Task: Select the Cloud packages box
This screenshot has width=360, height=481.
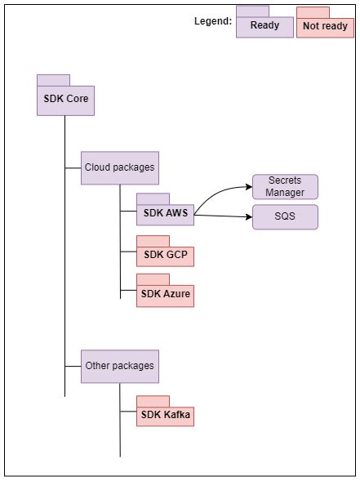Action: [x=119, y=167]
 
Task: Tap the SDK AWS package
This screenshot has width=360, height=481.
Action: [x=165, y=214]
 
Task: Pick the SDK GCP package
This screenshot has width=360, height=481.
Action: [x=165, y=255]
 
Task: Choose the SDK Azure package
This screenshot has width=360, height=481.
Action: [x=165, y=294]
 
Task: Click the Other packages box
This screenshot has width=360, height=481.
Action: [x=119, y=366]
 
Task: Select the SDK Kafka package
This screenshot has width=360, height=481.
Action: [x=165, y=416]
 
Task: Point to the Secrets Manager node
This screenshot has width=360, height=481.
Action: [x=285, y=187]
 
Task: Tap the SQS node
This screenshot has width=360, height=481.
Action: [x=285, y=217]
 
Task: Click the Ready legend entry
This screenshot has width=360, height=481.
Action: [x=264, y=26]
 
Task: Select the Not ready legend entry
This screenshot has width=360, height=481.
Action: [x=324, y=27]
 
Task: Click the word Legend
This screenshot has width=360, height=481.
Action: [x=212, y=21]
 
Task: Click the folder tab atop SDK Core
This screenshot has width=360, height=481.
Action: [x=53, y=80]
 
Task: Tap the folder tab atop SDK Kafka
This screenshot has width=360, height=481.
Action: [x=153, y=401]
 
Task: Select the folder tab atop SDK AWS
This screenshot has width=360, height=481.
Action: [x=153, y=198]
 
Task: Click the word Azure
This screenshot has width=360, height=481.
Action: [x=177, y=294]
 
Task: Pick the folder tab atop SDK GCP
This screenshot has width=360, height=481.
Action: [x=153, y=240]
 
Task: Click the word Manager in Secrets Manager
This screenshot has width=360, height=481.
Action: [x=285, y=193]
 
